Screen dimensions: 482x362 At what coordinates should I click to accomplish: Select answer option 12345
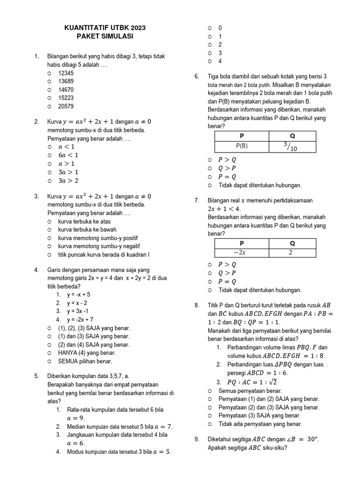[x=66, y=73]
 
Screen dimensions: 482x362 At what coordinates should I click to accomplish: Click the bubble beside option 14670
[x=49, y=90]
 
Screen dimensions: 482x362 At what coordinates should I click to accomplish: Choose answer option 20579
[x=66, y=106]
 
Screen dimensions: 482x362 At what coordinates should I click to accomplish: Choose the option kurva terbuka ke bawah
[x=87, y=230]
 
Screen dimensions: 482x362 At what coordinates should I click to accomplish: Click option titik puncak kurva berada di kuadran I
[x=103, y=255]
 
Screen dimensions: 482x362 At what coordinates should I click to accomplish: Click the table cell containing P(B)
[x=241, y=146]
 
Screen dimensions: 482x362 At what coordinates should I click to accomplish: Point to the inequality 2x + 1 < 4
[x=224, y=209]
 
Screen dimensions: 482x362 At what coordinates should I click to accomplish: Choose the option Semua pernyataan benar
[x=250, y=391]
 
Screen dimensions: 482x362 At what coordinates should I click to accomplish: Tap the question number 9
[x=197, y=439]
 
